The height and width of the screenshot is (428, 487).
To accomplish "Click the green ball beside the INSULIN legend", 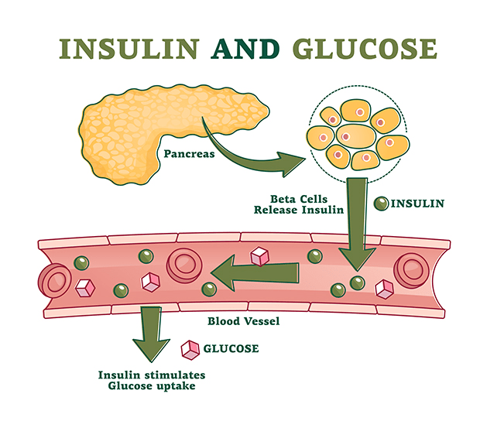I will (x=381, y=204).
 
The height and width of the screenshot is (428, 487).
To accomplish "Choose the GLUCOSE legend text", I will (x=231, y=349).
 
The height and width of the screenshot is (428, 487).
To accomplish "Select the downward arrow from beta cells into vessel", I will (x=356, y=224).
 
